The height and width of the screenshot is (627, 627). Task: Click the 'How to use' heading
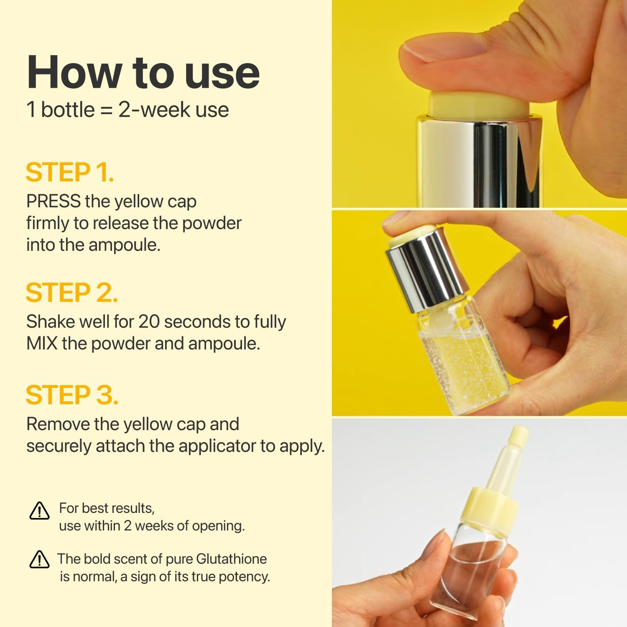143,72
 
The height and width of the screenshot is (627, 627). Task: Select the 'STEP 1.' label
69,172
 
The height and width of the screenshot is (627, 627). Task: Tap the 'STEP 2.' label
71,292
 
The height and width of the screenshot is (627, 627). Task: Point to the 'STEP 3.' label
72,395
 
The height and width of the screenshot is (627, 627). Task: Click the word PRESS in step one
53,201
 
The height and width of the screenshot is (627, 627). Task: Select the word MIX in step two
42,344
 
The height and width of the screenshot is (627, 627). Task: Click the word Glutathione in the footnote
231,559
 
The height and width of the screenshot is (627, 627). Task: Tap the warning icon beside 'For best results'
40,510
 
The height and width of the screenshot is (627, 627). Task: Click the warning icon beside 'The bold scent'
40,559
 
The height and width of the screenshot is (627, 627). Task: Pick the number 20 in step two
149,322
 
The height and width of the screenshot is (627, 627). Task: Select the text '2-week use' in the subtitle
173,110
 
